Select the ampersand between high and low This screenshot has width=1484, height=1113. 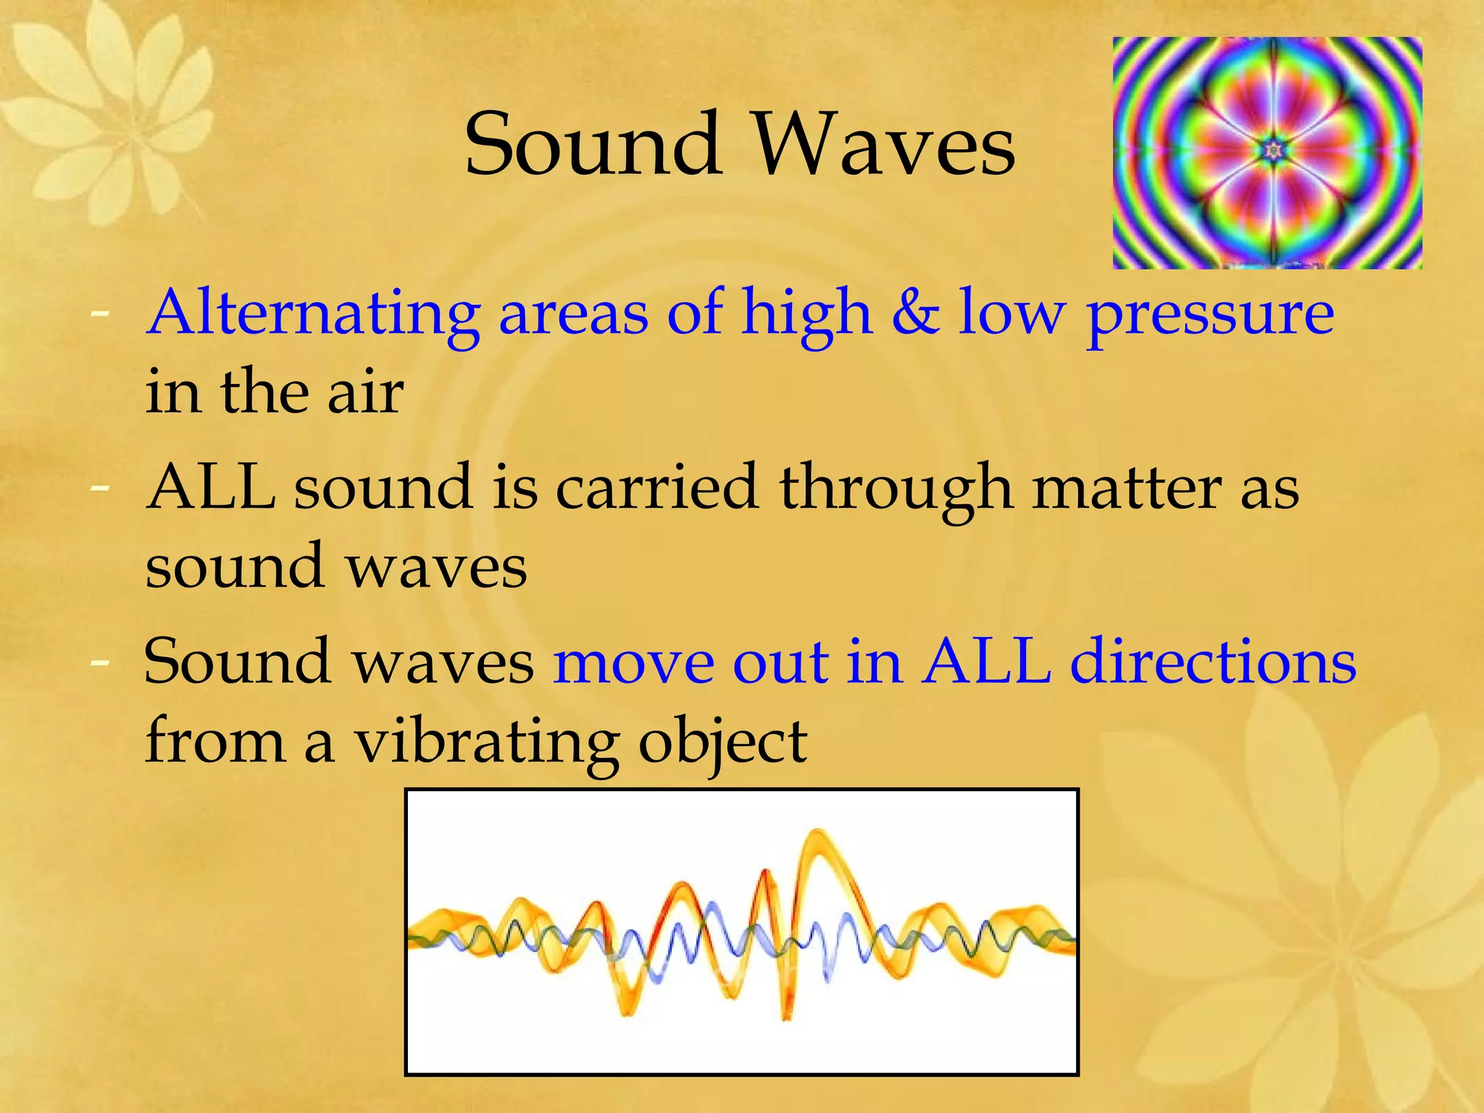(x=915, y=313)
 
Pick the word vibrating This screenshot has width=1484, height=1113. (x=486, y=743)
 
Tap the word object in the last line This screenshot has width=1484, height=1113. (x=722, y=743)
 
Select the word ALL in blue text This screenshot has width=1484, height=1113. (x=986, y=661)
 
